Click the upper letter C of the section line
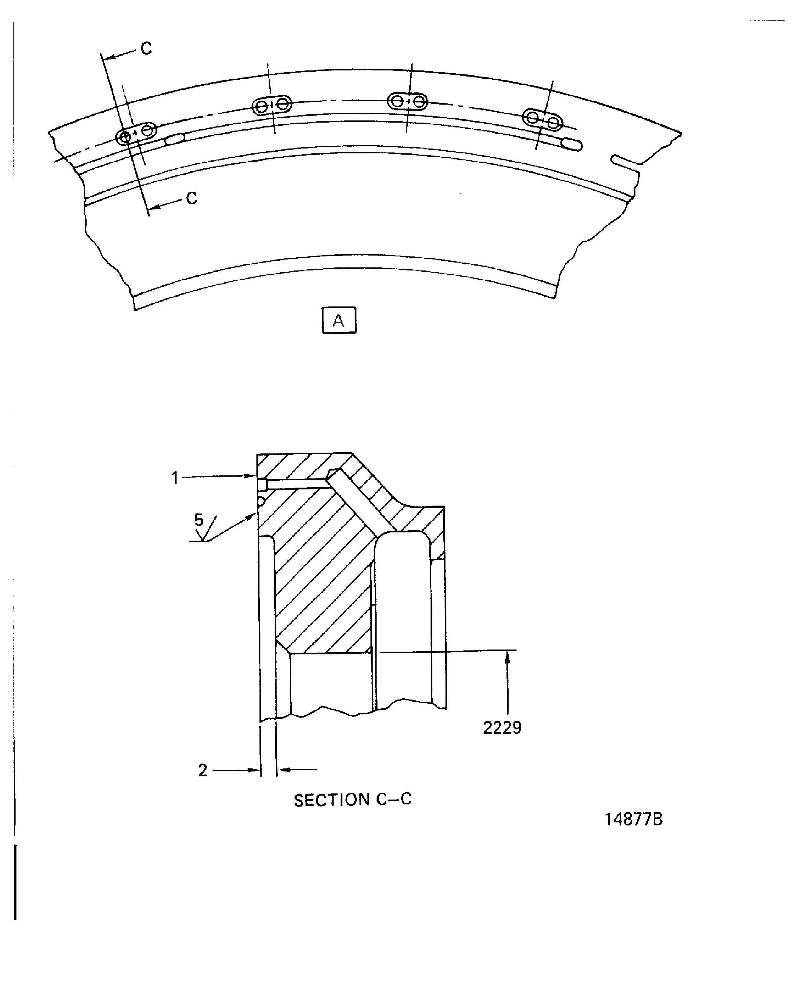pyautogui.click(x=146, y=49)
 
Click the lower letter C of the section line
pyautogui.click(x=191, y=198)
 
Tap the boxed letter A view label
pyautogui.click(x=339, y=320)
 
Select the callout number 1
pyautogui.click(x=175, y=478)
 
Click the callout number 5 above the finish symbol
pyautogui.click(x=199, y=520)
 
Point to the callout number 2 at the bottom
pyautogui.click(x=202, y=770)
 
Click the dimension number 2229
pyautogui.click(x=502, y=728)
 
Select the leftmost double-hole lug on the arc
pyautogui.click(x=136, y=133)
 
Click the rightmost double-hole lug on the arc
pyautogui.click(x=542, y=119)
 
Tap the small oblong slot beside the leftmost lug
pyautogui.click(x=175, y=138)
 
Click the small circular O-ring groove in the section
pyautogui.click(x=261, y=502)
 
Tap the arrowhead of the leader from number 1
pyautogui.click(x=253, y=477)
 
